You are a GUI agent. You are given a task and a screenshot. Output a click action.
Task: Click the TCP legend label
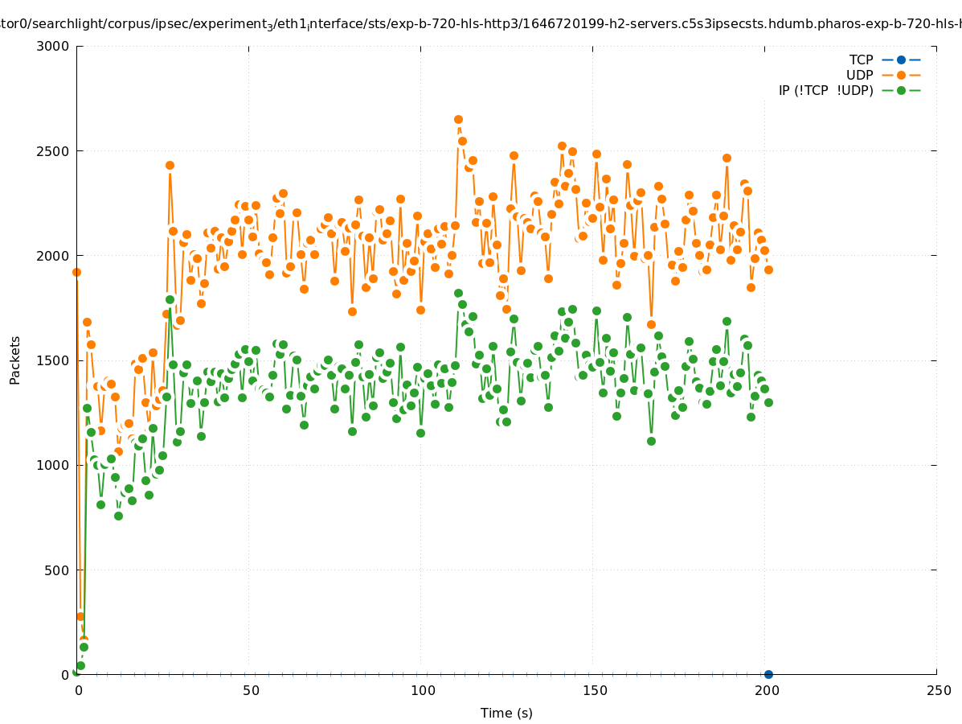tap(861, 60)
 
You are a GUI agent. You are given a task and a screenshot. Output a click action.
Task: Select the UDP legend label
tap(859, 75)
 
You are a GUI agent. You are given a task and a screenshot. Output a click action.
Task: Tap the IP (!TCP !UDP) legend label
tap(825, 90)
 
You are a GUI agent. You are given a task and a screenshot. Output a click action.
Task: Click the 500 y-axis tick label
tap(58, 570)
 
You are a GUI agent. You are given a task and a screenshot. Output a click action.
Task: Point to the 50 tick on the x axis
tap(250, 690)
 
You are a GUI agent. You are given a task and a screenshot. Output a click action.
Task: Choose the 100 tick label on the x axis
tap(422, 690)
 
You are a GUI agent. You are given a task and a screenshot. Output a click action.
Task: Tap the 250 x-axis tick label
tap(938, 690)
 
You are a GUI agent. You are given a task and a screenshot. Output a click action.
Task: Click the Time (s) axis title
tap(506, 713)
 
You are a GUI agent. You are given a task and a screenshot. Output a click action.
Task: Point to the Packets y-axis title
tap(15, 360)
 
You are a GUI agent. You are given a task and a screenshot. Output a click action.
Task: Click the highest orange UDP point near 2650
tap(458, 119)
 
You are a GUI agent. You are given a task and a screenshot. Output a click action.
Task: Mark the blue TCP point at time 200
tap(768, 674)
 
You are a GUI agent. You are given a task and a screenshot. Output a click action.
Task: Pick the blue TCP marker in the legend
tap(901, 60)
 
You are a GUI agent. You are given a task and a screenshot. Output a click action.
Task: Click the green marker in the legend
tap(901, 90)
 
